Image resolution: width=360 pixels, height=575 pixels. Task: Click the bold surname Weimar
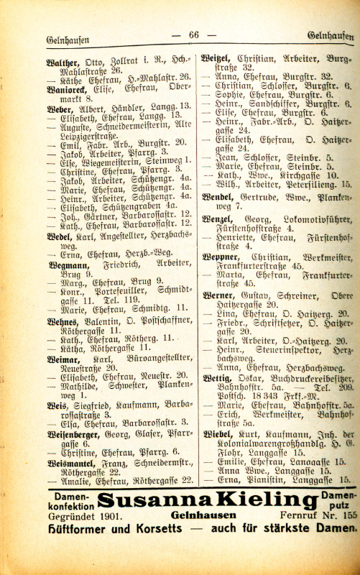[x=63, y=356]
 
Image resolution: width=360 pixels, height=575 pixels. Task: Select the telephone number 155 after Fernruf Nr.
[x=349, y=515]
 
